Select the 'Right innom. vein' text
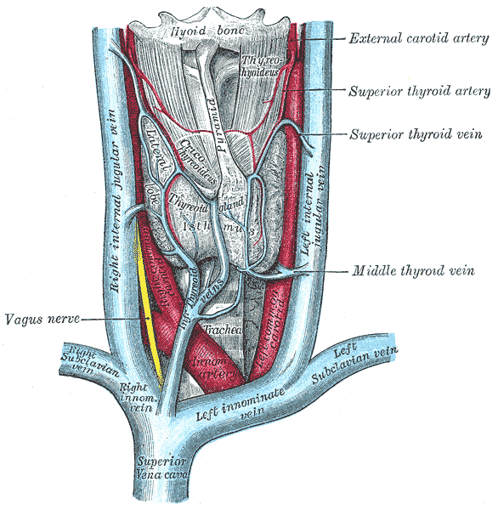coord(136,397)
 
